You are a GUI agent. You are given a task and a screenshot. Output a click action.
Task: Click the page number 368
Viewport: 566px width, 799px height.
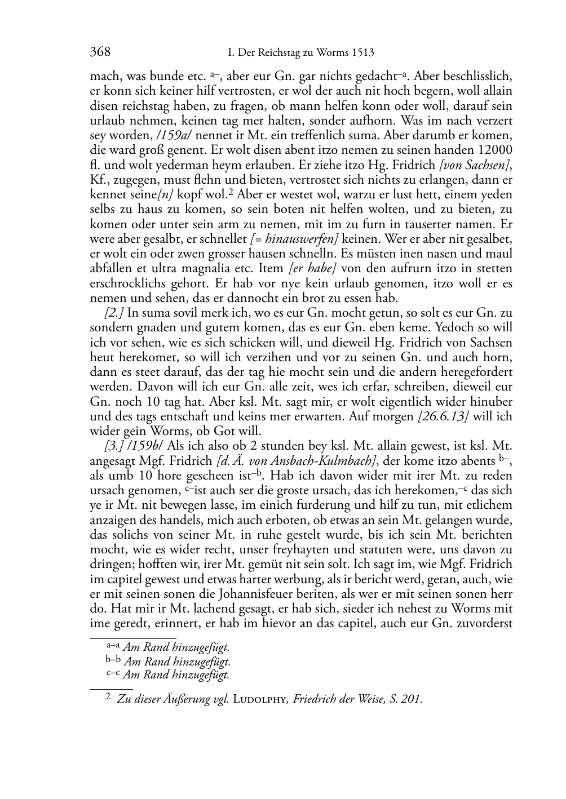click(100, 52)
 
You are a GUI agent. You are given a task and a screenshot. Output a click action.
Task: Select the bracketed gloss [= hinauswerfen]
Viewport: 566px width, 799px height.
click(299, 224)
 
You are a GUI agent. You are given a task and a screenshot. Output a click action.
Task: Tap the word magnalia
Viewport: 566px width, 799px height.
click(213, 268)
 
